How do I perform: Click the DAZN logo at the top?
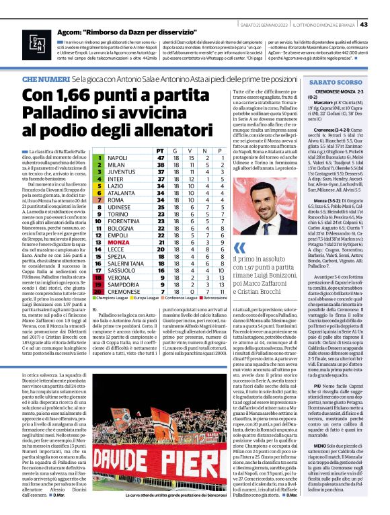coord(34,44)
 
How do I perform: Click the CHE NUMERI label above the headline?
coord(45,79)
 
